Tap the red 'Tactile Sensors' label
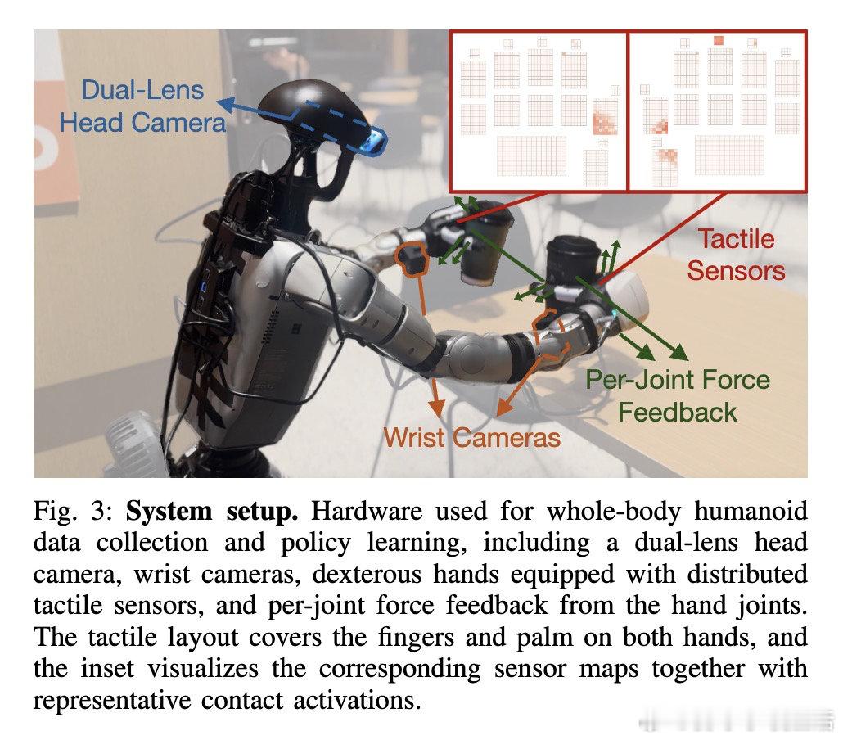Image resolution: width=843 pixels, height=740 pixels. [x=736, y=255]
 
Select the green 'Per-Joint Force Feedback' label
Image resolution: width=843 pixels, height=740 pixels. [x=678, y=395]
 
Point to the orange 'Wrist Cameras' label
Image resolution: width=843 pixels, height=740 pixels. [x=472, y=437]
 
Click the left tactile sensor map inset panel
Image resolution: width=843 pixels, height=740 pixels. [x=538, y=111]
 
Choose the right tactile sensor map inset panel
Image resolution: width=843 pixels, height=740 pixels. [x=717, y=111]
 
